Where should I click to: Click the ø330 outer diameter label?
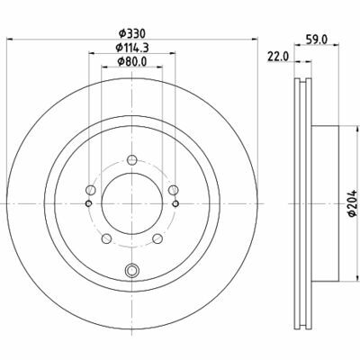coord(132,33)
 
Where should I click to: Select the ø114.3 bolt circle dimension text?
coord(132,48)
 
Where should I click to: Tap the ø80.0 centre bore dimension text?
coord(132,61)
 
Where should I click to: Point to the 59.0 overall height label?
coord(317,39)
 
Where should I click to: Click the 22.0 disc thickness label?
coord(278,57)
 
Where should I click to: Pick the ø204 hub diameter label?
coord(352,202)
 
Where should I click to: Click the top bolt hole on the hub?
coord(132,160)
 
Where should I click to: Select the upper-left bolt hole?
coord(90,190)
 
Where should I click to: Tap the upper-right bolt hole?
coord(174,190)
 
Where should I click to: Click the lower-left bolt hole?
coord(106,238)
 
